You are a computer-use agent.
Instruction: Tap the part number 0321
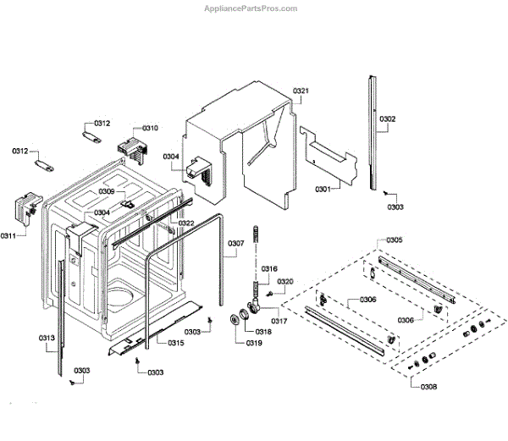tap(301, 91)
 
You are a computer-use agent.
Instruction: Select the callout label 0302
tap(387, 119)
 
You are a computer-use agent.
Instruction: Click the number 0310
tap(150, 127)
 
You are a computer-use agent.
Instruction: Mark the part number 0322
tap(186, 223)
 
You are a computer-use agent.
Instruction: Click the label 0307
tap(236, 244)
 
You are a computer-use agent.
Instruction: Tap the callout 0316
tap(268, 269)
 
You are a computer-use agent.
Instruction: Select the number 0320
tap(285, 281)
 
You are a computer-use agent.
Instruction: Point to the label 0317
tap(279, 321)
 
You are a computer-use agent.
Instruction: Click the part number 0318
tap(263, 332)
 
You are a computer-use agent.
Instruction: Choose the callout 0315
tap(175, 342)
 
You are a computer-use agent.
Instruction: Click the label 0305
tap(394, 240)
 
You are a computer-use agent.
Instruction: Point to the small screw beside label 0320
tap(269, 293)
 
